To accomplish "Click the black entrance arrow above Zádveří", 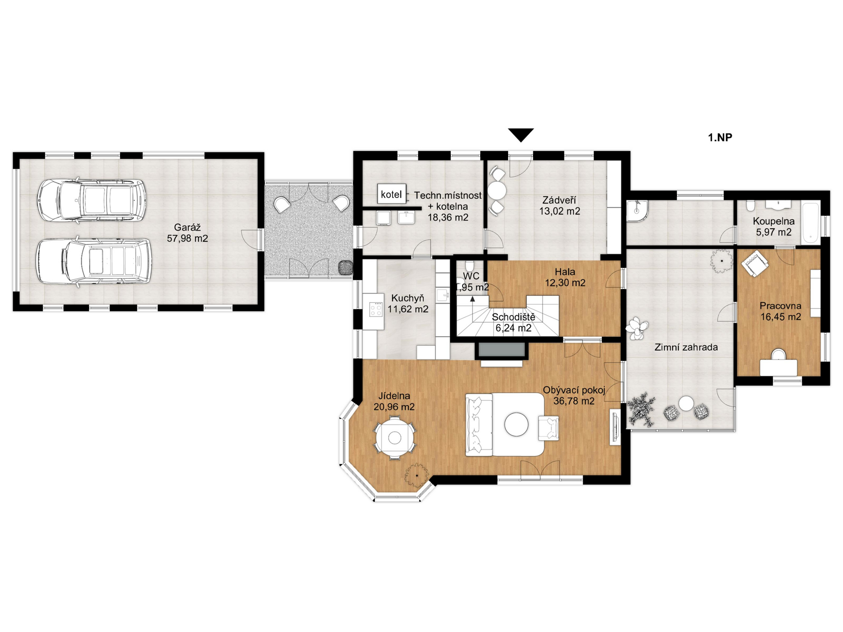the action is pyautogui.click(x=521, y=135).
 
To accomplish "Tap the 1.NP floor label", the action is pyautogui.click(x=720, y=138).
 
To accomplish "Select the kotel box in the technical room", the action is pyautogui.click(x=391, y=194).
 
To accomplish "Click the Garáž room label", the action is pyautogui.click(x=187, y=233).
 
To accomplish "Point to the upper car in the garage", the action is pyautogui.click(x=91, y=200).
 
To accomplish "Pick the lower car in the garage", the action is pyautogui.click(x=94, y=262).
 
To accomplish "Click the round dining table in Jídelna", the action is pyautogui.click(x=395, y=438).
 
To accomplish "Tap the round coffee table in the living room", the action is pyautogui.click(x=516, y=424).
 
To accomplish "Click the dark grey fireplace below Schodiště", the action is pyautogui.click(x=501, y=349).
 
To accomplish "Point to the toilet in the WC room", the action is pyautogui.click(x=469, y=266).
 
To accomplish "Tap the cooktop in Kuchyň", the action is pyautogui.click(x=376, y=309).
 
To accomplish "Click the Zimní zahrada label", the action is pyautogui.click(x=686, y=348).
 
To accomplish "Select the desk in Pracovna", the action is pyautogui.click(x=778, y=367).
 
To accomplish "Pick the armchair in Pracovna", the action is pyautogui.click(x=755, y=263).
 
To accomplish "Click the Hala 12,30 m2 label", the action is pyautogui.click(x=565, y=277).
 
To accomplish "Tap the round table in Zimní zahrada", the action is pyautogui.click(x=686, y=403).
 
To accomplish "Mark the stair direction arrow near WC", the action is pyautogui.click(x=472, y=299).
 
